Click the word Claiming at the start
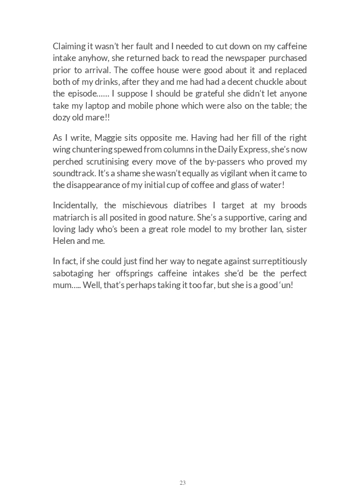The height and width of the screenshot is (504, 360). coord(71,46)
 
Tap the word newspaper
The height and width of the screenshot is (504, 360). coord(241,58)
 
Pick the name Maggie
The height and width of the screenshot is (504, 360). coord(108,138)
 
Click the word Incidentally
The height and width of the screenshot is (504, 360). coord(76,205)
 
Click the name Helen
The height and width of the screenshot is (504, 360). coord(64,241)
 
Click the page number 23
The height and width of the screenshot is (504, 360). coord(182,483)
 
